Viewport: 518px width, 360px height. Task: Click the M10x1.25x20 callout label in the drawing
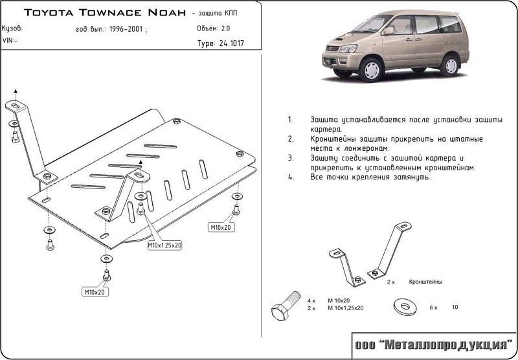click(x=164, y=246)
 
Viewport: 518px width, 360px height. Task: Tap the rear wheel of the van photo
click(x=449, y=63)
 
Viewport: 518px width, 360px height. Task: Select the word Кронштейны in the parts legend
click(x=425, y=283)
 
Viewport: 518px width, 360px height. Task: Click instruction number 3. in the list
click(x=291, y=157)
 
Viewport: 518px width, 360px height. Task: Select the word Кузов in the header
click(x=13, y=28)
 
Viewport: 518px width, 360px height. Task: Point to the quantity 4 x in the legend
click(x=311, y=301)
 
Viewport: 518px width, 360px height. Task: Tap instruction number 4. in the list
click(x=291, y=177)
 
